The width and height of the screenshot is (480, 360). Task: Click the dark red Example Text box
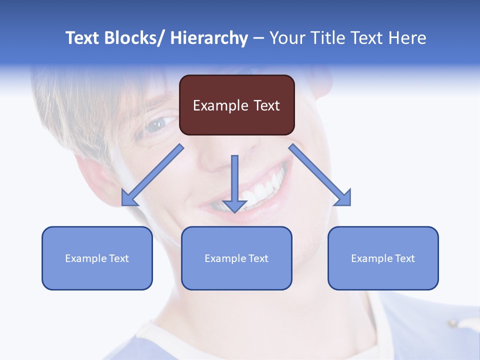coord(236,105)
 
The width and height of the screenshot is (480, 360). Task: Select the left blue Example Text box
coord(97,258)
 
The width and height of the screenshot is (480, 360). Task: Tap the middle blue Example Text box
coord(236,258)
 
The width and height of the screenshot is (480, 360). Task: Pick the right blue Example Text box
coord(383,258)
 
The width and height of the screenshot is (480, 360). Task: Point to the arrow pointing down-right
coord(320,175)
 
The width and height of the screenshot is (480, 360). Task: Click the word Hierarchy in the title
coord(209,38)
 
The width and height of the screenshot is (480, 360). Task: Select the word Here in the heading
coord(408,38)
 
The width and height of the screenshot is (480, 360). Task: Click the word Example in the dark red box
coord(220,105)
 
